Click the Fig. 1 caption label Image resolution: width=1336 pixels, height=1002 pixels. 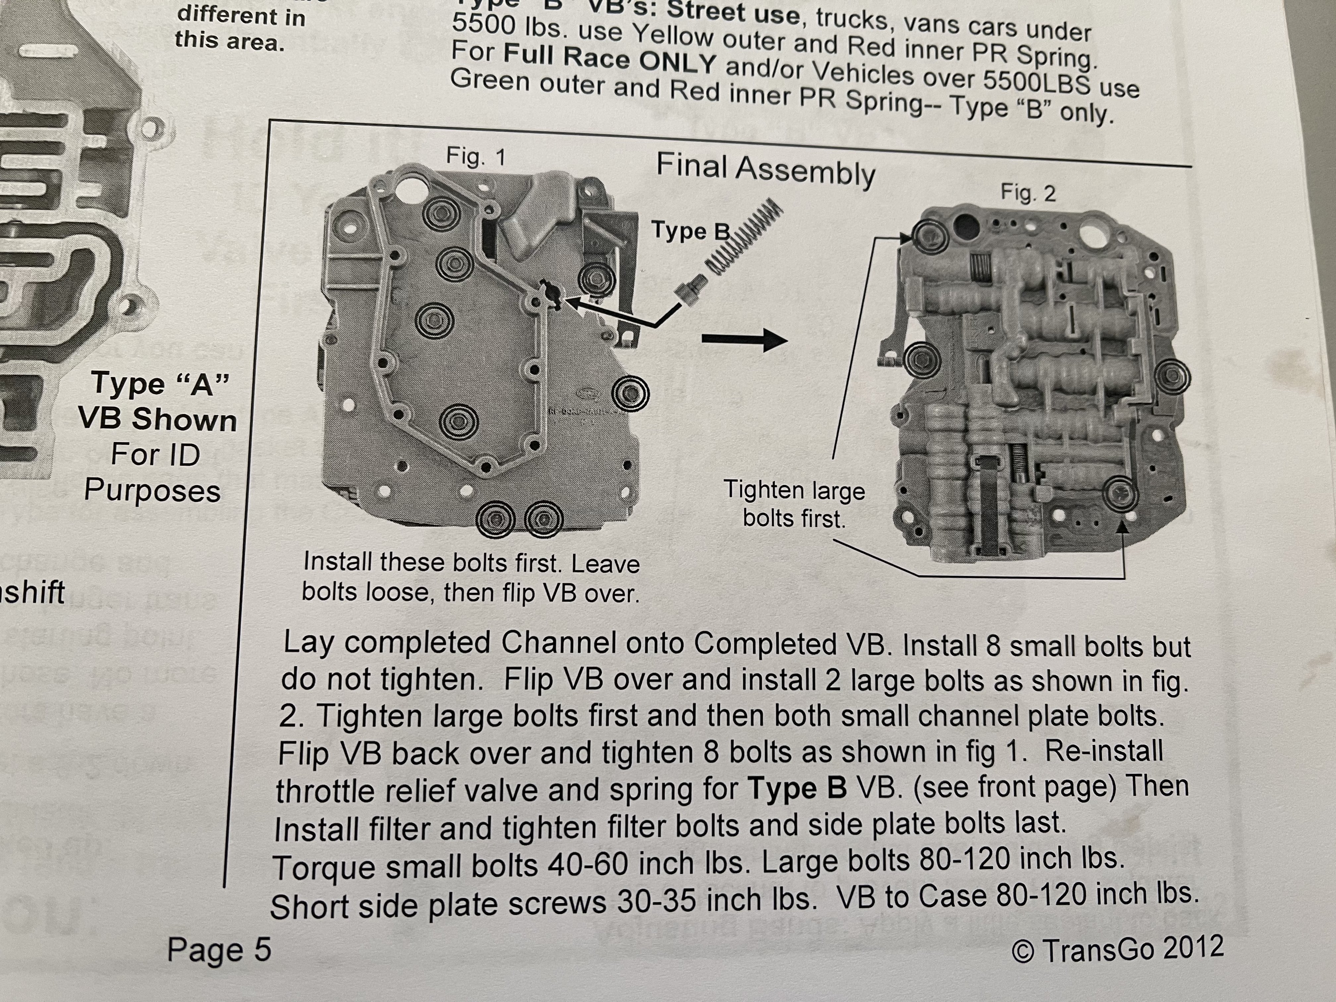[475, 157]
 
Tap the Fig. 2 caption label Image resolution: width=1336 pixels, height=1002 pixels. [1028, 193]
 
